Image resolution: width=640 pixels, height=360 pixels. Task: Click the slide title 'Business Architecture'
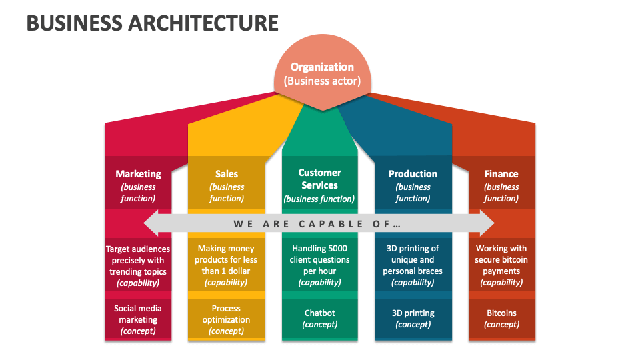click(153, 23)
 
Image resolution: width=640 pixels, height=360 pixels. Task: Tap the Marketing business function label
click(138, 185)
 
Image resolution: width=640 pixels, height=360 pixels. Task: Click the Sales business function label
click(227, 185)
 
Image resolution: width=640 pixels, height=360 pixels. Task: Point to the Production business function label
click(413, 185)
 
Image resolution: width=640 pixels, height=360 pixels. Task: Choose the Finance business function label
click(501, 185)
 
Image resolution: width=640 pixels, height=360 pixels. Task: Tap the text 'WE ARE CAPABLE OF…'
click(317, 224)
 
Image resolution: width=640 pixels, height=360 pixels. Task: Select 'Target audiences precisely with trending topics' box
click(138, 265)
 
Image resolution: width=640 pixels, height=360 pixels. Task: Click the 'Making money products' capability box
click(227, 265)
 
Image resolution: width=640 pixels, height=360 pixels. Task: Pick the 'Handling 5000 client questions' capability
click(319, 265)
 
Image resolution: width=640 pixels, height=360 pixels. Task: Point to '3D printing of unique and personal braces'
click(413, 265)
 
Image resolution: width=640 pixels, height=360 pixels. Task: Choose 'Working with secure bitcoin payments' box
click(501, 265)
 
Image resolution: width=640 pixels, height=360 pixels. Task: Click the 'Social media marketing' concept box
click(138, 319)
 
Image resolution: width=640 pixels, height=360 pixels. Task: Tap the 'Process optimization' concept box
click(227, 319)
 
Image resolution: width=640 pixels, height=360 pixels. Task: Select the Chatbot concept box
click(319, 318)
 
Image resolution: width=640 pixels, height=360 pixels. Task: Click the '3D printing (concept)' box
click(413, 318)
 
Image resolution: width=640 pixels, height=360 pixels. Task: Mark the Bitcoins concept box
click(501, 318)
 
